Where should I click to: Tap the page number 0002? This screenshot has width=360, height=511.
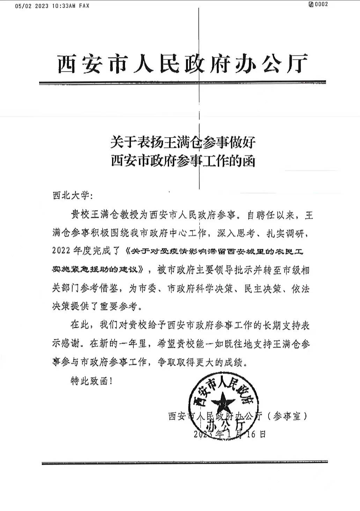pos(321,5)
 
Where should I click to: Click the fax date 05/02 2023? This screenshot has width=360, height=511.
pos(32,6)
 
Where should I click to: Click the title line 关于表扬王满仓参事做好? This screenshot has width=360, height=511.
pos(183,142)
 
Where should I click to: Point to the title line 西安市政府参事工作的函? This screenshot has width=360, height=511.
pos(183,161)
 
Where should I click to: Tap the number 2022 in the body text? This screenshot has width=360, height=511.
pos(61,250)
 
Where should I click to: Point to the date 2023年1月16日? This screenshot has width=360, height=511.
pos(229,434)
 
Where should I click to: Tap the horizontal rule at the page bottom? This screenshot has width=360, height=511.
pos(184,463)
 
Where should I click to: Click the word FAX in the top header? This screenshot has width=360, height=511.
pos(84,6)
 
